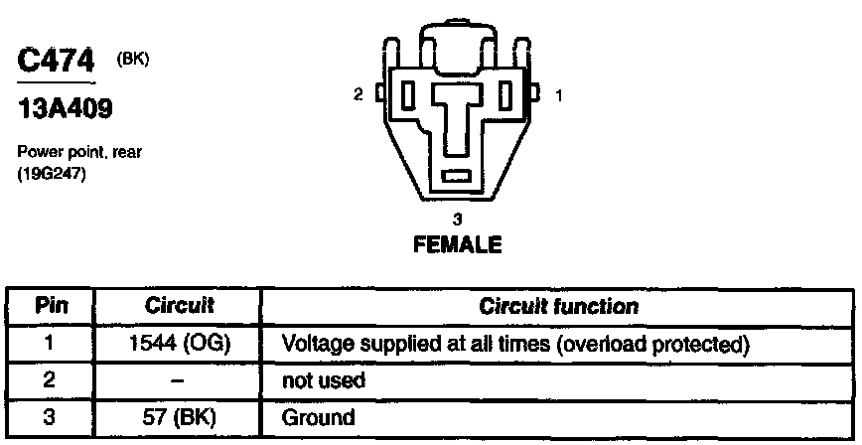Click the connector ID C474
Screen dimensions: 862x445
coord(56,62)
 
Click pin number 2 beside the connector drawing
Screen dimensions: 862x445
coord(359,95)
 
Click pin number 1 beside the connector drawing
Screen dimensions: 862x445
coord(558,95)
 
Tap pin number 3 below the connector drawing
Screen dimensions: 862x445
coord(457,218)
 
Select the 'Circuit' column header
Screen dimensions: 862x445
coord(175,306)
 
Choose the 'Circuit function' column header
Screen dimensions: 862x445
coord(558,306)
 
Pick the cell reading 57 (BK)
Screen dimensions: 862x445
coord(175,417)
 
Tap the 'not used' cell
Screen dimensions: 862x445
coord(324,380)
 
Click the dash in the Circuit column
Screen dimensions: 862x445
coord(175,380)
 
